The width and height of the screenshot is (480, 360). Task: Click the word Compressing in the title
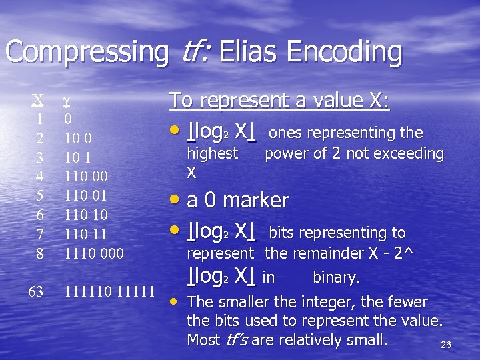87,53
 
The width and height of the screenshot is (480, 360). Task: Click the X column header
39,100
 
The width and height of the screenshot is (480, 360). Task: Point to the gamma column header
67,102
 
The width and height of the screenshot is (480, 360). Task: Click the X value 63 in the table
36,291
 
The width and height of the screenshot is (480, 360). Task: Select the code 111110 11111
109,291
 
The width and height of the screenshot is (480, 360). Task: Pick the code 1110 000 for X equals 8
93,253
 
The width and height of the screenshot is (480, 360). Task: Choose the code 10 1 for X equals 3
78,157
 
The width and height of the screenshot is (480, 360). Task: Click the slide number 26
447,345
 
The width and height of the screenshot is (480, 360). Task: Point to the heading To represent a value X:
279,101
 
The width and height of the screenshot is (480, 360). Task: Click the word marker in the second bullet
256,200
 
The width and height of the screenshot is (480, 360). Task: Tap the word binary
336,277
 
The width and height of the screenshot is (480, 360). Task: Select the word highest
212,153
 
